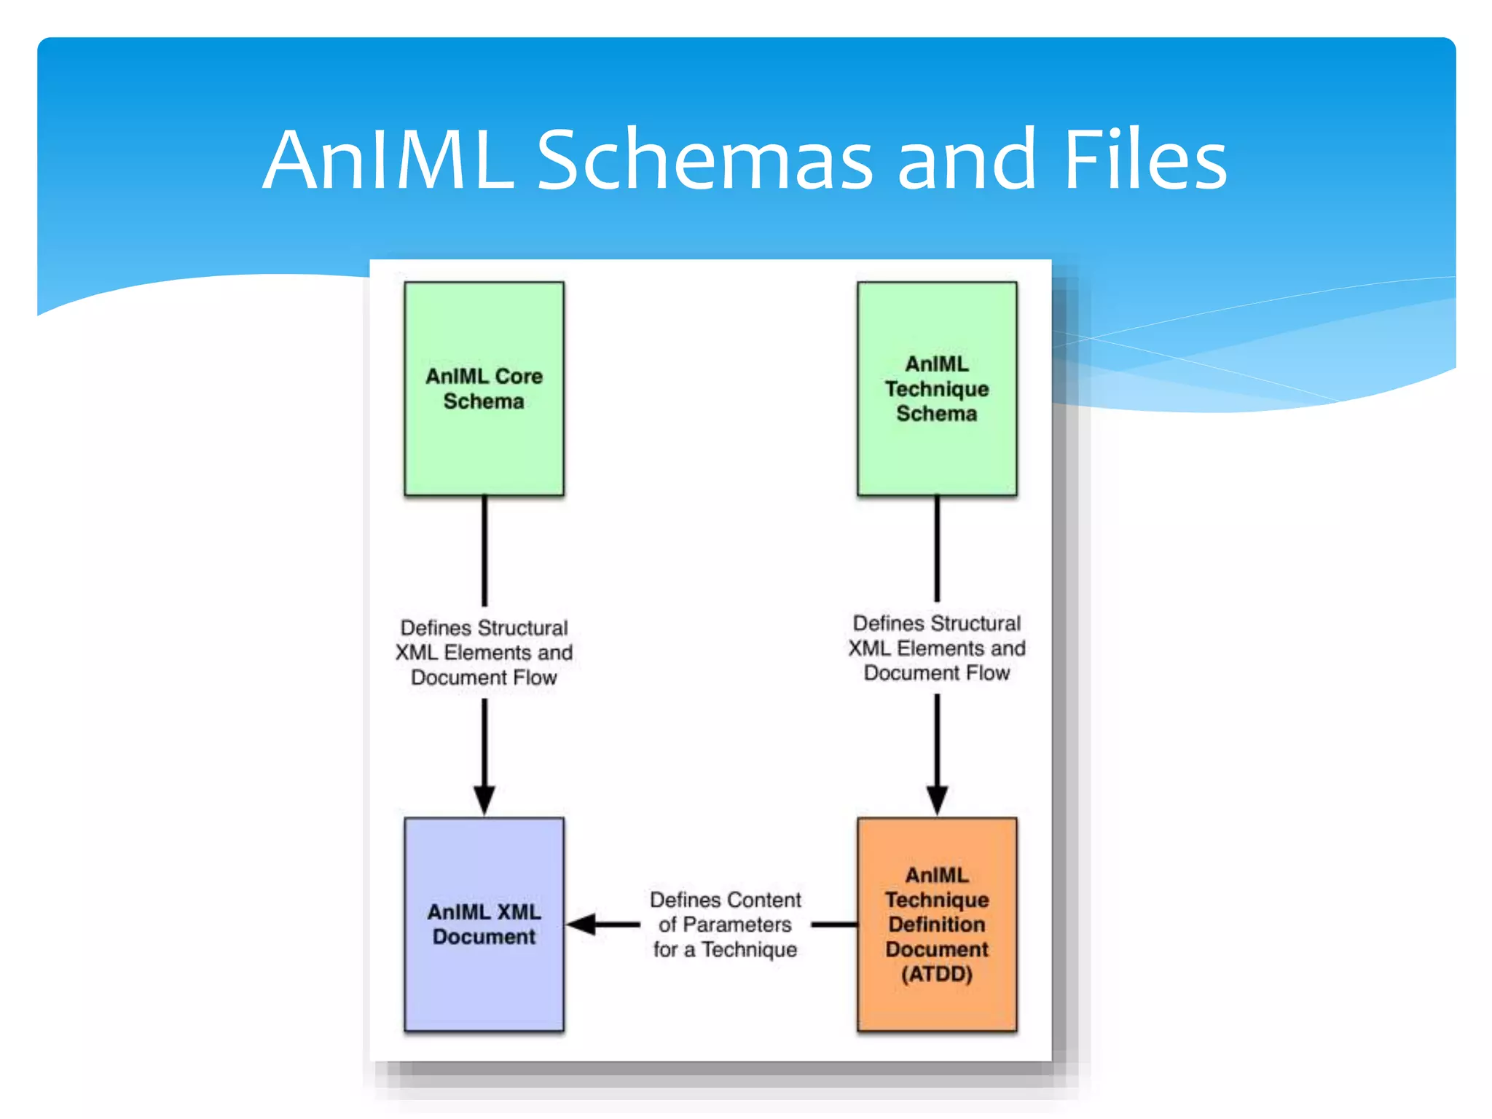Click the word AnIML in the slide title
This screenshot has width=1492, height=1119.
(388, 160)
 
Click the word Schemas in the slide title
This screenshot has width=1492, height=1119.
(704, 160)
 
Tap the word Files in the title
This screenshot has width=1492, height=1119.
(1144, 160)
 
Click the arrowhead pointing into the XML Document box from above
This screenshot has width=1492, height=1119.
(484, 800)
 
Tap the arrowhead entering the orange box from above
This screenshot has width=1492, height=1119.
(937, 800)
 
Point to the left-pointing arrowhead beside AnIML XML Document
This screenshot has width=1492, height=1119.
(583, 924)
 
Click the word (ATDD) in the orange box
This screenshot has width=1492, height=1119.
(937, 974)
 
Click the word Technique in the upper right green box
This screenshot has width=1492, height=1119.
(937, 389)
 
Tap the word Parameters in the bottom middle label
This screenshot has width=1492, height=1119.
(737, 924)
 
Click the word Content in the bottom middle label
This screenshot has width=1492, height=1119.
(762, 900)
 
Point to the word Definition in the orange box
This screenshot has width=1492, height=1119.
(937, 924)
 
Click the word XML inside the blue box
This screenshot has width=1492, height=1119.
(517, 912)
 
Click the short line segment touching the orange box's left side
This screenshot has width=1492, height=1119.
(835, 924)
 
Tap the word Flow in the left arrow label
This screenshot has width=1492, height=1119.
(534, 678)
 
